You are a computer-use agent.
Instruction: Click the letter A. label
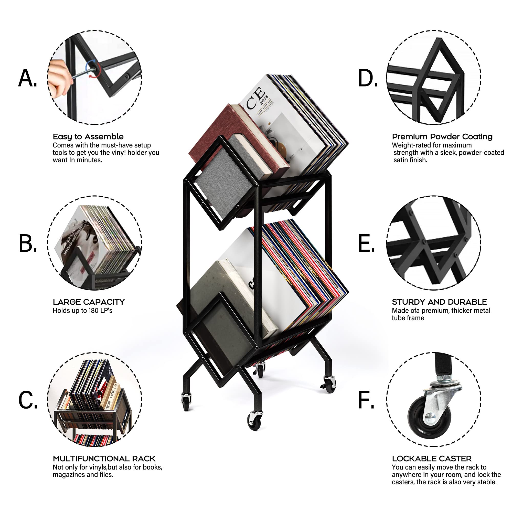tap(28, 78)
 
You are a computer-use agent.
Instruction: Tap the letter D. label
tap(368, 78)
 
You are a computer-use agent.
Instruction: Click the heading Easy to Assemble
tap(88, 137)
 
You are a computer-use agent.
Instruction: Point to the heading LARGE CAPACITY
tap(89, 302)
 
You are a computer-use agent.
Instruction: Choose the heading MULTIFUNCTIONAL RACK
tap(104, 459)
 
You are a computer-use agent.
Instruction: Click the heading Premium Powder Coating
tap(442, 137)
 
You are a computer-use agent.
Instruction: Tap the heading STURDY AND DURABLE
tap(439, 302)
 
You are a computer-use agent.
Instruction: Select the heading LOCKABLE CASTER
tap(432, 459)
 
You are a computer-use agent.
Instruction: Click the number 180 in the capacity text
tap(93, 310)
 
